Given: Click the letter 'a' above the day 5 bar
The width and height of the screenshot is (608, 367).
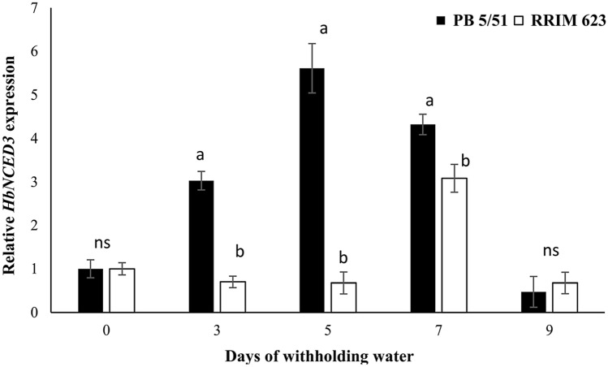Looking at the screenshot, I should coord(323,28).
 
